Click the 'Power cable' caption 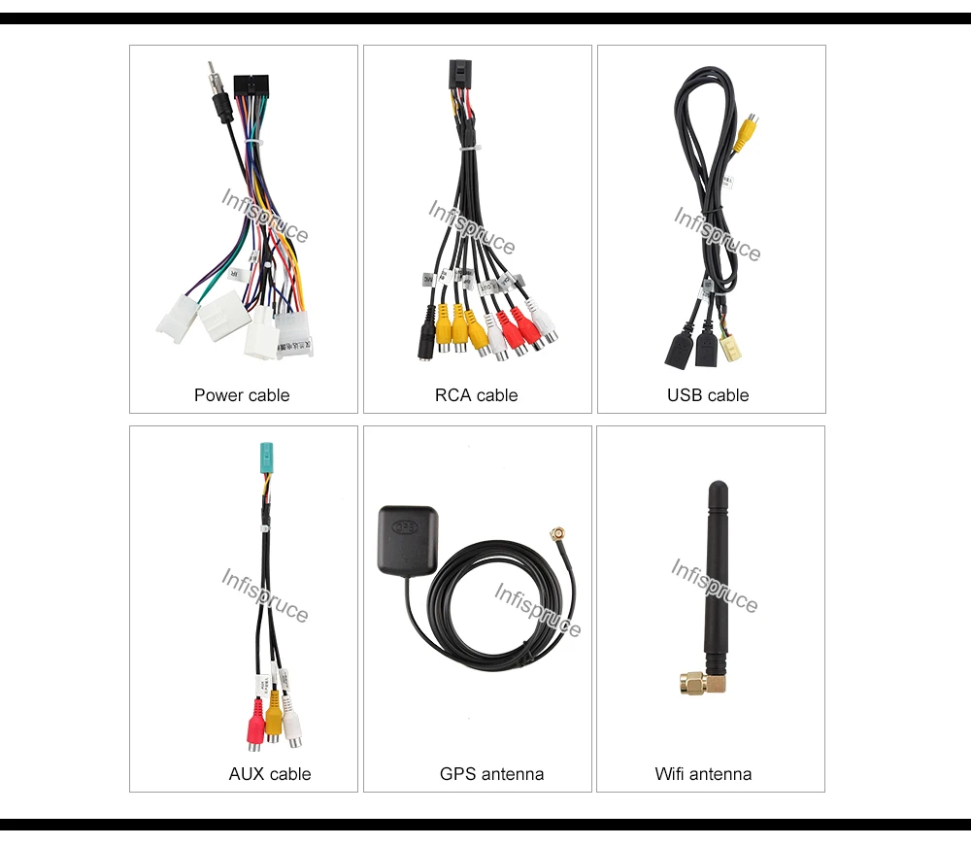[x=242, y=395]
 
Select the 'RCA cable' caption [x=476, y=395]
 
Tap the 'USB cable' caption [x=708, y=395]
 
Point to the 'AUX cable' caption [x=270, y=774]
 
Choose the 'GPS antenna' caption [x=491, y=774]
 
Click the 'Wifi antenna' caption [x=703, y=774]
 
